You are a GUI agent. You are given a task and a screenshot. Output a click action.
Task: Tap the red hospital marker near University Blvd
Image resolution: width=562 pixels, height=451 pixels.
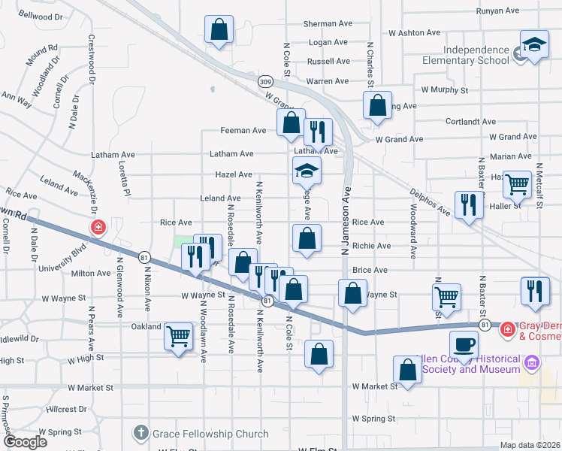(x=98, y=227)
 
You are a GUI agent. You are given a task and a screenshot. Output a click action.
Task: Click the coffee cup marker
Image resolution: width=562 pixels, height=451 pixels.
(x=463, y=344)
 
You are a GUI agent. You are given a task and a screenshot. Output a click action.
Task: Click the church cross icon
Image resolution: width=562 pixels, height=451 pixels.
(x=141, y=433)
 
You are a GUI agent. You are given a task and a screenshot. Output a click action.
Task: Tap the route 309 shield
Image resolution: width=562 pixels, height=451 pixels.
(x=264, y=81)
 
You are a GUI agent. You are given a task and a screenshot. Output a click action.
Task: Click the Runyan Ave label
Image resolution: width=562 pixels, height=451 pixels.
(x=498, y=11)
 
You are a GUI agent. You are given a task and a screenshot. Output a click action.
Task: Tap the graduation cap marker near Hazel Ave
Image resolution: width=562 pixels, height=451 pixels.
(x=307, y=171)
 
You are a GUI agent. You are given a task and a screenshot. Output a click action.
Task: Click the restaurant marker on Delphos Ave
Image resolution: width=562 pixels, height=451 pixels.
(x=470, y=204)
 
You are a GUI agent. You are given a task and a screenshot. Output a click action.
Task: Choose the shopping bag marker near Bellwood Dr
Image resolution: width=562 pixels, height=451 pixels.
(x=219, y=32)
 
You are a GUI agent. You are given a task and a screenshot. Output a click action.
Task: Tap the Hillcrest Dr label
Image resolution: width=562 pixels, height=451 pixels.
(x=68, y=410)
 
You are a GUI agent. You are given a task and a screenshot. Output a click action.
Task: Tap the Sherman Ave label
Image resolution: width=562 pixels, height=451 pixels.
(x=328, y=24)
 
